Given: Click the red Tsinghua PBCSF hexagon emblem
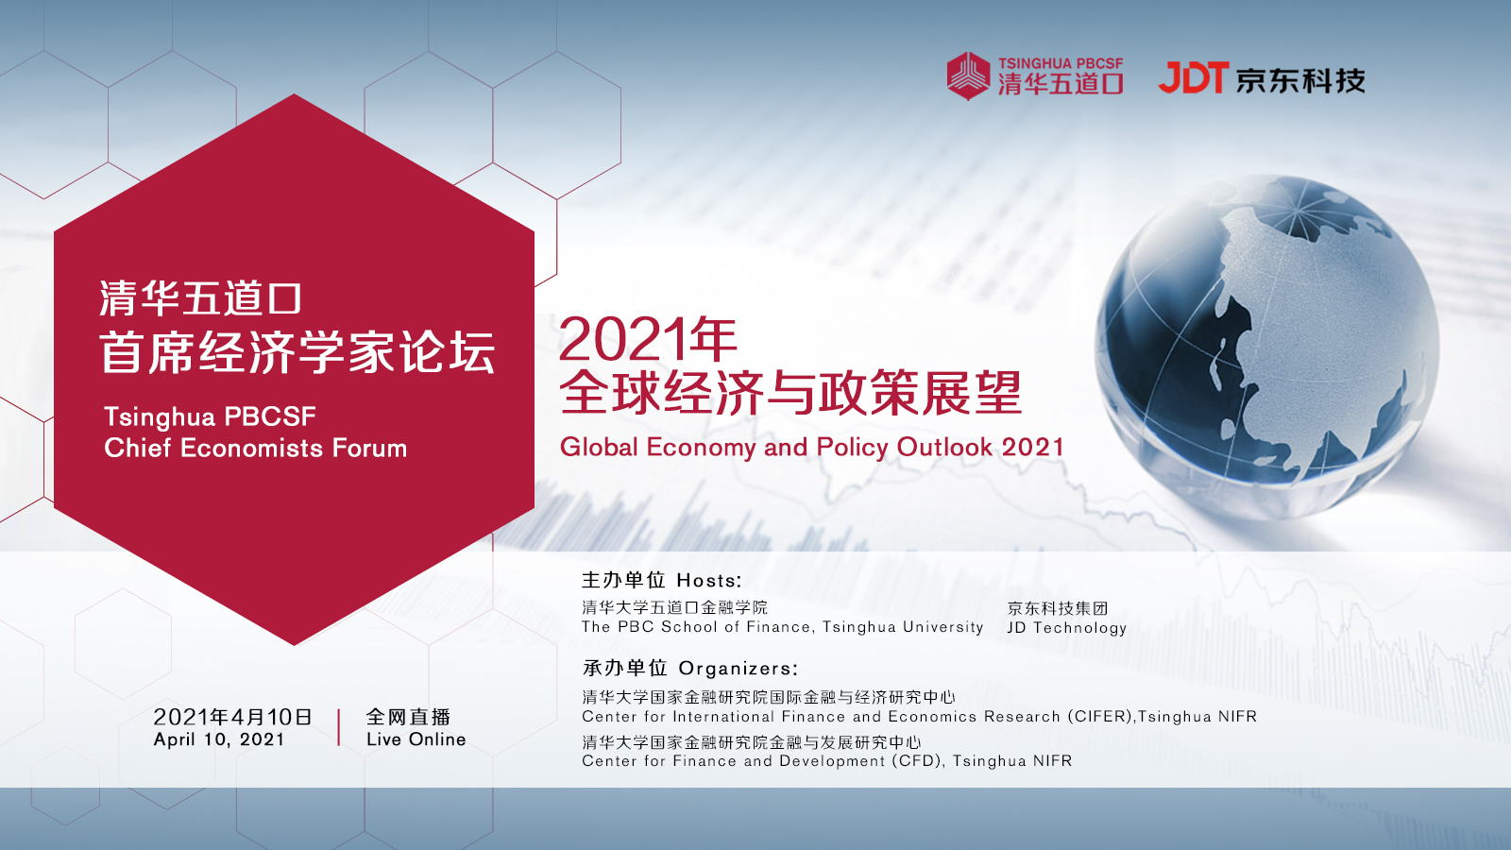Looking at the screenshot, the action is (968, 76).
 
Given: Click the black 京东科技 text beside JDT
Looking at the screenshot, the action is (1300, 80).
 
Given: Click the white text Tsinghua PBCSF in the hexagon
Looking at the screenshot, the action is (210, 416).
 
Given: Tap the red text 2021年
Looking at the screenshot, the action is (648, 339).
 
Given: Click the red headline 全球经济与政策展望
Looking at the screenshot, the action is (790, 393).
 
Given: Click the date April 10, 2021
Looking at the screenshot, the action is (219, 740).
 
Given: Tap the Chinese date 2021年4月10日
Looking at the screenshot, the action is (232, 717).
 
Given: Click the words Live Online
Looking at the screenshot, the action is (416, 739).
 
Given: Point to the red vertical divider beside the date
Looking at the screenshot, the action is (339, 727).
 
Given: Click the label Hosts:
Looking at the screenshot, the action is (709, 581).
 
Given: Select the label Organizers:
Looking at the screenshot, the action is (739, 669).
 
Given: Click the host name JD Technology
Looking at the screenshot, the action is (1067, 628).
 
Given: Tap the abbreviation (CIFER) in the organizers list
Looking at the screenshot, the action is (1101, 717).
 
